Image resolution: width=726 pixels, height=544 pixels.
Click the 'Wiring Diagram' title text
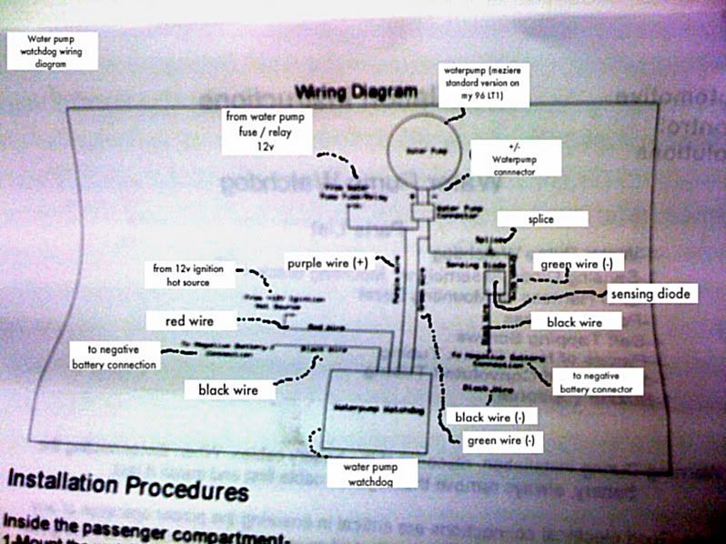click(356, 93)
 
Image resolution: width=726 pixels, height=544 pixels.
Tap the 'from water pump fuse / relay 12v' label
click(269, 131)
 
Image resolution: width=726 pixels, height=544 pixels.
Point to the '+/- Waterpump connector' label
click(515, 157)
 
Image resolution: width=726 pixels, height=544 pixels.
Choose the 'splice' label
click(541, 219)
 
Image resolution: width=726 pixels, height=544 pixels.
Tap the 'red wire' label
click(190, 320)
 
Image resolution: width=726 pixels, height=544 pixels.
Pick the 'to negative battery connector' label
click(596, 381)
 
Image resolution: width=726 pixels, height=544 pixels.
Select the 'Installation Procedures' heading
click(127, 488)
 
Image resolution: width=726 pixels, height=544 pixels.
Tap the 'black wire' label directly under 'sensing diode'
click(574, 321)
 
